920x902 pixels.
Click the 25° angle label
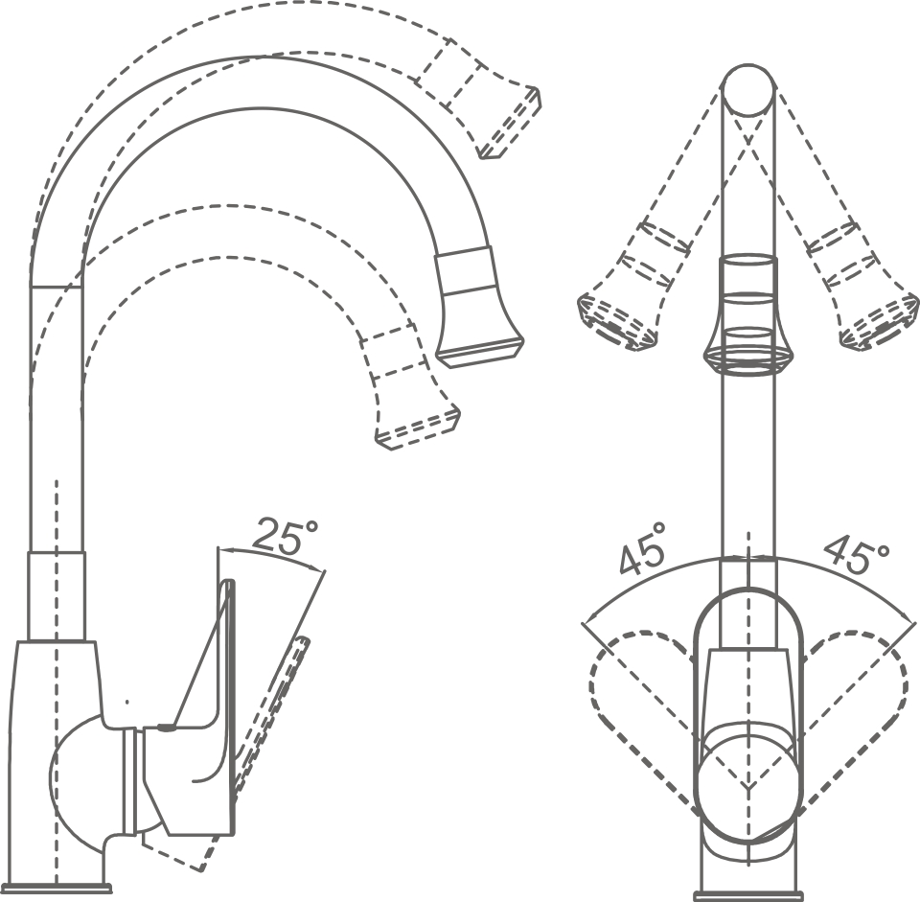point(286,539)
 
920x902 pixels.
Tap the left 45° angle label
point(643,548)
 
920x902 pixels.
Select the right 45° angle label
point(855,553)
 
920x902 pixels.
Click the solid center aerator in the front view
point(747,316)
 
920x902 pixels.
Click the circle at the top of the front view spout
point(747,90)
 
